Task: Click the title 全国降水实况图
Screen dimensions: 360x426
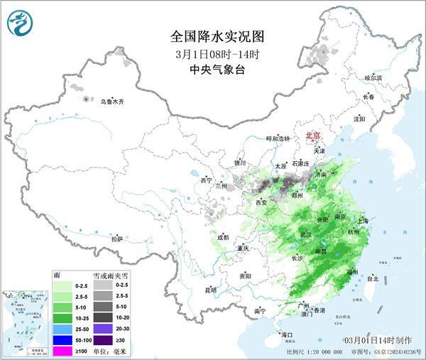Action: pos(212,36)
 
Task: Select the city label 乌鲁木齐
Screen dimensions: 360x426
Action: pos(111,102)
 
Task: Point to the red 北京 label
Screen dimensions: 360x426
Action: pos(312,134)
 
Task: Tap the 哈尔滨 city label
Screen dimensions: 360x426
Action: pos(373,77)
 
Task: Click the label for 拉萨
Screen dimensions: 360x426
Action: pos(117,239)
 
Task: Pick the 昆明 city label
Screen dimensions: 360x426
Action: pos(190,290)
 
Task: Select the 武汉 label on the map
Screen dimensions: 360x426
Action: pos(305,234)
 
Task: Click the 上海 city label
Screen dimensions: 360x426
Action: pos(367,220)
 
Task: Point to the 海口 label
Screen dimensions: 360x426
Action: pos(287,334)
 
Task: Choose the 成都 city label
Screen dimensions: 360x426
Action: pos(223,237)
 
